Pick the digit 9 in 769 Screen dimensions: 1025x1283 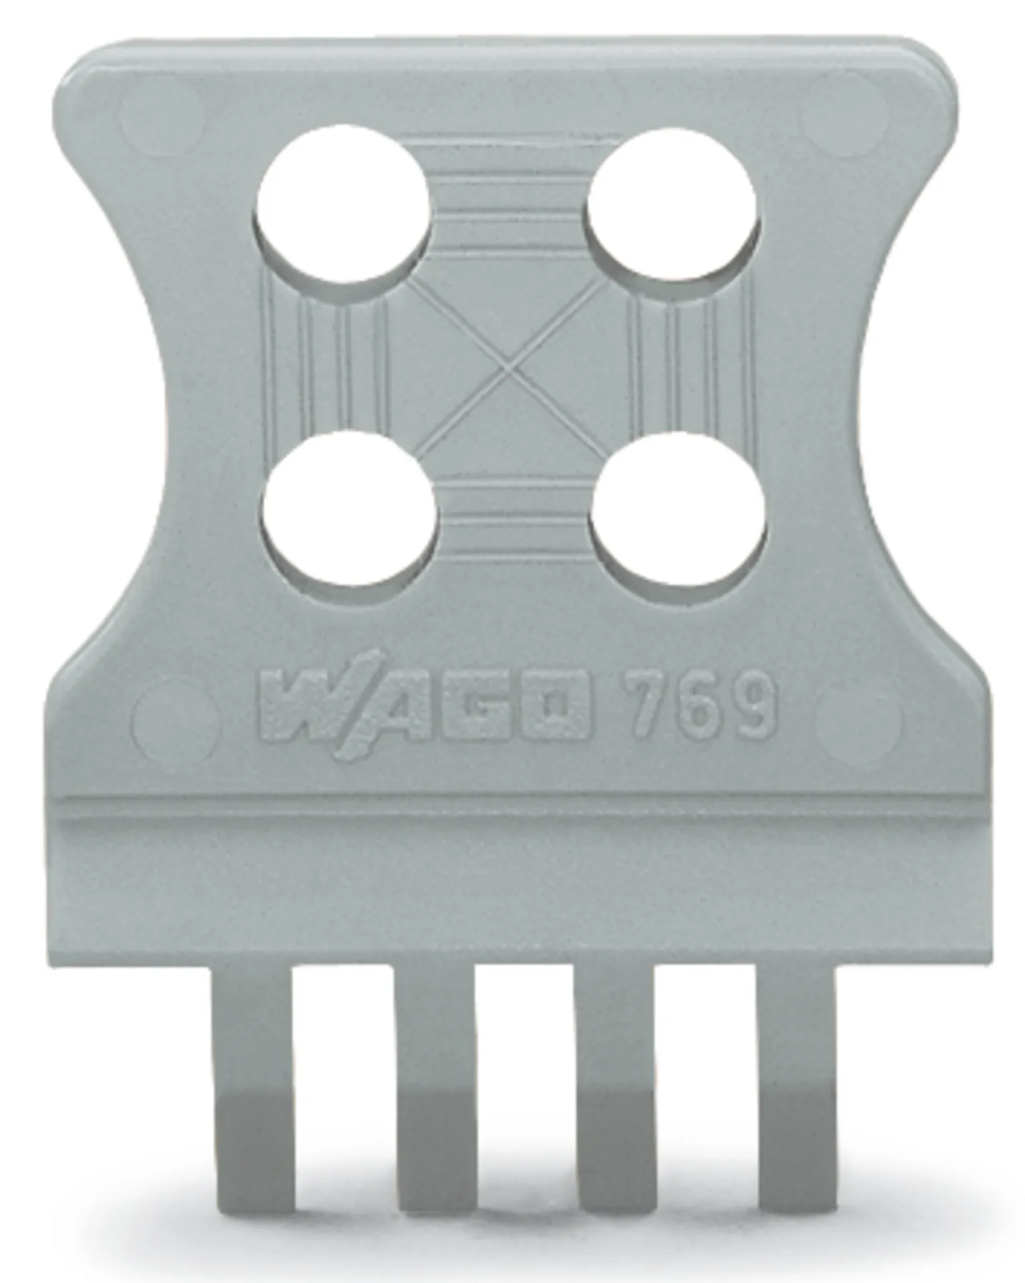754,706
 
